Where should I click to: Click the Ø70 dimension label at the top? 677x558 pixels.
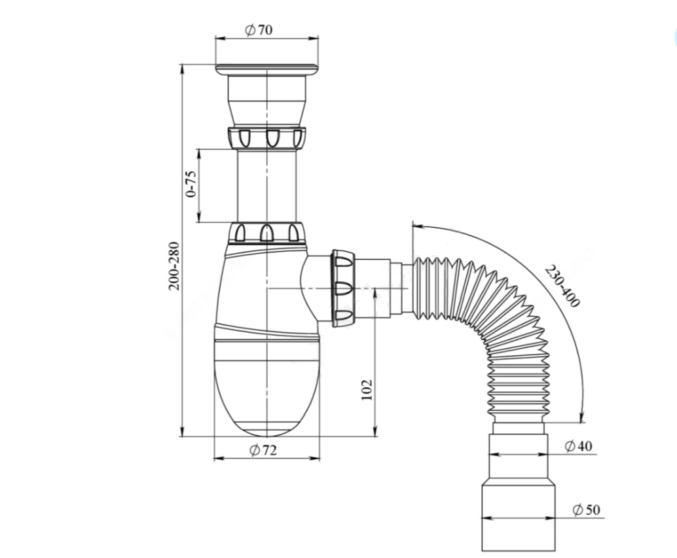[x=259, y=29]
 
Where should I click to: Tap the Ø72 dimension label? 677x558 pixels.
[x=263, y=450]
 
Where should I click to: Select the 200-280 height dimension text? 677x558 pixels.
[x=174, y=266]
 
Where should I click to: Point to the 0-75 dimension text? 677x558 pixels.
[x=191, y=184]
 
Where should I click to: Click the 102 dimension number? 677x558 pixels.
[x=367, y=390]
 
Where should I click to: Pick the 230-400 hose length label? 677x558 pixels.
[x=562, y=287]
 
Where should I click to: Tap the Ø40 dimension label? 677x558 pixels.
[x=579, y=446]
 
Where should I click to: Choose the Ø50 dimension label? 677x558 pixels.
[x=587, y=510]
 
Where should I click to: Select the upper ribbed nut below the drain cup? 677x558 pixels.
[x=266, y=137]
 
